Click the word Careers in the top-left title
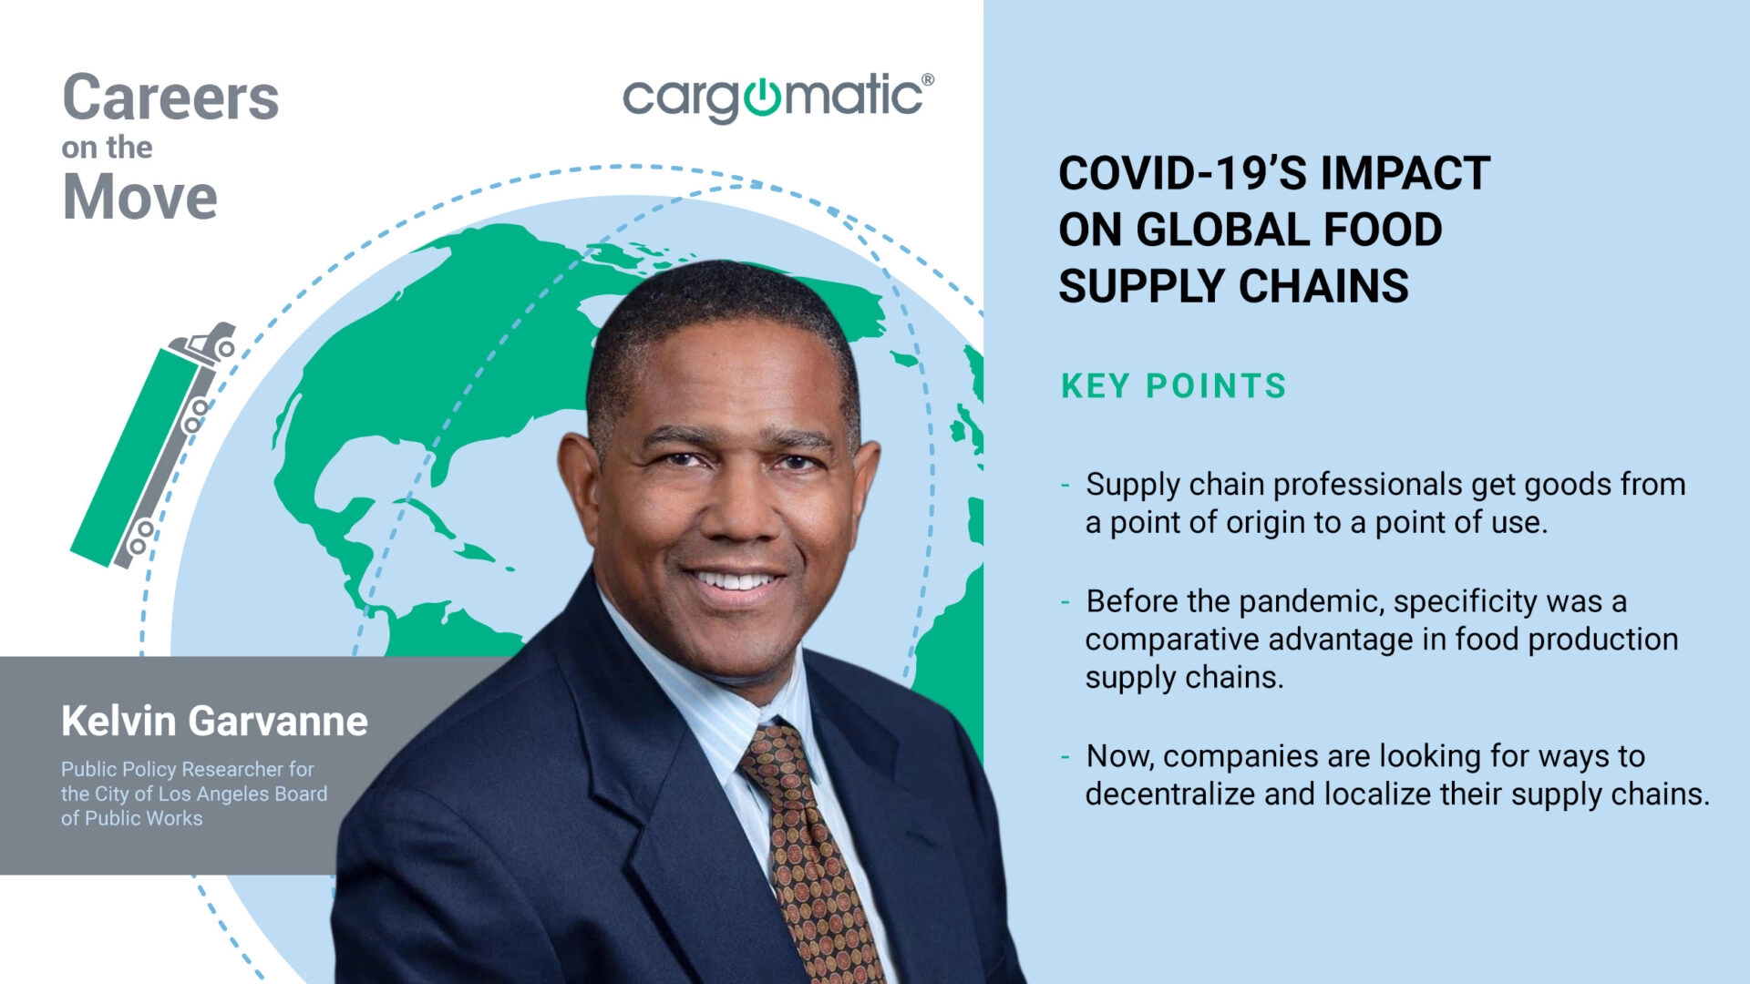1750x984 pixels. click(170, 97)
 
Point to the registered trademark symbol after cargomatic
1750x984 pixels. click(927, 80)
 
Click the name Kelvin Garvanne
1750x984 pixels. click(214, 721)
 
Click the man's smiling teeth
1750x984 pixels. click(735, 580)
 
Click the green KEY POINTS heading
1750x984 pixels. click(1173, 386)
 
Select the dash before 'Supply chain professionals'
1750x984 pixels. click(1065, 485)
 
